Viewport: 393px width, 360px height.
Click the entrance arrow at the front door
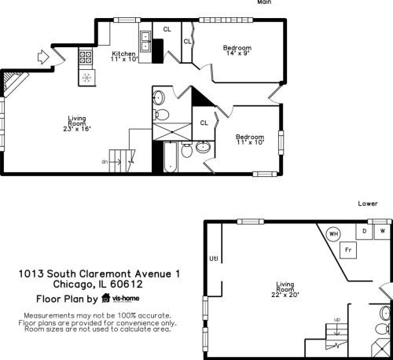coord(43,57)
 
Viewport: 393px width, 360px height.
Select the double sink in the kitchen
coord(145,40)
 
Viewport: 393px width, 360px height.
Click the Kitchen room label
coord(124,56)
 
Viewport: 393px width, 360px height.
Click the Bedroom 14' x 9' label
coord(237,50)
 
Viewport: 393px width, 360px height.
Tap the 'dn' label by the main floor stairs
coord(105,162)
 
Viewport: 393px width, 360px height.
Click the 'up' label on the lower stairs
coord(338,319)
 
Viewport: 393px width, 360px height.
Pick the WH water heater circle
coord(333,234)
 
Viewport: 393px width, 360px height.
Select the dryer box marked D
coord(364,232)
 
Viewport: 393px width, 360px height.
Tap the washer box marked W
coord(383,232)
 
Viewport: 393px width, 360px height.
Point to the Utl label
coord(213,258)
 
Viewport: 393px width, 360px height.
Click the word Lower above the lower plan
coord(367,203)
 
